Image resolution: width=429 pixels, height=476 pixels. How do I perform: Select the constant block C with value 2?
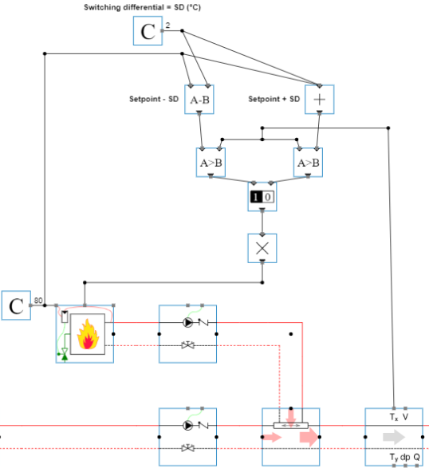[148, 31]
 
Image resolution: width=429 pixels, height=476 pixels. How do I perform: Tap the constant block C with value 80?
[16, 305]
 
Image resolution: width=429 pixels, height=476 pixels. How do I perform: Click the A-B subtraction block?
[199, 100]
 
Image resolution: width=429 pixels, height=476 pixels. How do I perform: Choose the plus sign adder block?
[319, 100]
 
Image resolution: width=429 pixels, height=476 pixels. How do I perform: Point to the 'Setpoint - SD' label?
[154, 100]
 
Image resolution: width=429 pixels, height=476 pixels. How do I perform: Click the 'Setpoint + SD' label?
[274, 100]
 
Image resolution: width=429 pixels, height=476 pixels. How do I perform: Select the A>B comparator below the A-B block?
[211, 163]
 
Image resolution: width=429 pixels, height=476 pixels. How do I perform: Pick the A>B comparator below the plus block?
[309, 163]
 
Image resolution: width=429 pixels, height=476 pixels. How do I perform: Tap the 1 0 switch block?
[262, 197]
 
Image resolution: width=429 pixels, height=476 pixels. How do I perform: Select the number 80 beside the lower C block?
[38, 301]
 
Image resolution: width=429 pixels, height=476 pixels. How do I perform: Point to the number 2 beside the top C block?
[167, 26]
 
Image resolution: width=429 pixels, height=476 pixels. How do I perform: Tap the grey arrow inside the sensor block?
[393, 437]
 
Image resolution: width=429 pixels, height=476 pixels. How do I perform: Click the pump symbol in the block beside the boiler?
[187, 324]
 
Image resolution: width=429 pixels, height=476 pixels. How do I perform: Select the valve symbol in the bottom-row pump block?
[188, 449]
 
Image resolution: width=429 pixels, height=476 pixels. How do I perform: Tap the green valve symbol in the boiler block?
[63, 355]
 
